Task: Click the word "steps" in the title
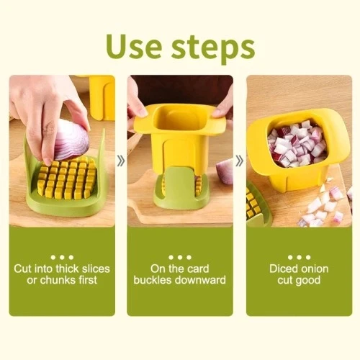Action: point(213,49)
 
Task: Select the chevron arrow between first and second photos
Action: point(121,161)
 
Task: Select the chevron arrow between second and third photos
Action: point(239,161)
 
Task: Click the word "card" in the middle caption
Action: point(198,269)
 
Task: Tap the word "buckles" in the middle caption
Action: point(152,280)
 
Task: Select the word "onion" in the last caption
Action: point(313,269)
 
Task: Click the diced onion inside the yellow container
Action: point(297,143)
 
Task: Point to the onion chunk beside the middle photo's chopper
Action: point(225,171)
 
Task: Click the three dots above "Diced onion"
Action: point(299,257)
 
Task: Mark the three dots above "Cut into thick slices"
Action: point(62,257)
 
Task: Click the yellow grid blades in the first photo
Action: point(67,178)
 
